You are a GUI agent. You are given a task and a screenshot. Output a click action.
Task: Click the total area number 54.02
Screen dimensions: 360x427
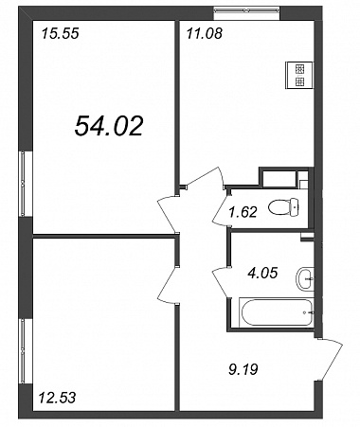(x=109, y=126)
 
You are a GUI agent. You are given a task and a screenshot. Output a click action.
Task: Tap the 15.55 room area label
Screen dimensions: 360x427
(x=60, y=33)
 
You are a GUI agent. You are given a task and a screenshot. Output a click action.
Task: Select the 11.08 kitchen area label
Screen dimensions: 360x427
(x=205, y=33)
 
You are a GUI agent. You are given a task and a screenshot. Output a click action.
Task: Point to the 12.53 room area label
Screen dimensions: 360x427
(x=57, y=397)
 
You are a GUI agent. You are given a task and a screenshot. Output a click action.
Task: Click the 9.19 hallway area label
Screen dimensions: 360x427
(x=243, y=369)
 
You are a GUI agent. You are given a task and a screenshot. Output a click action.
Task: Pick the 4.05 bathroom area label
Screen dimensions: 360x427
(x=262, y=273)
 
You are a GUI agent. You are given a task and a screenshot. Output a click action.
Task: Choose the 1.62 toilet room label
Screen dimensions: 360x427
(x=243, y=212)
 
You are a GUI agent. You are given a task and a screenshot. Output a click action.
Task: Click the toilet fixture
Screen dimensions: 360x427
(x=283, y=207)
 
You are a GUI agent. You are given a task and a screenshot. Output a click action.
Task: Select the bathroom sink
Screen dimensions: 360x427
(x=305, y=278)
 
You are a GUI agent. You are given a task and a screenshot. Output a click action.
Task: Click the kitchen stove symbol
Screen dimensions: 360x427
(x=299, y=75)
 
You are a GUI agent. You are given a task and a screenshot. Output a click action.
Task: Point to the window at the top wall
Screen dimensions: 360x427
(x=246, y=10)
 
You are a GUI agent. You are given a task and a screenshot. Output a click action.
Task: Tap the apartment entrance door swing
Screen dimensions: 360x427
(x=330, y=359)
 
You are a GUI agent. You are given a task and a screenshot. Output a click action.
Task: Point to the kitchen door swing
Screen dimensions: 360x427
(x=205, y=178)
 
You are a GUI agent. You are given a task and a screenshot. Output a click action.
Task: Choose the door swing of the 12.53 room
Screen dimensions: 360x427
(x=168, y=285)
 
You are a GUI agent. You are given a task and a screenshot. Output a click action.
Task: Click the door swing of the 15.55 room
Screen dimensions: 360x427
(x=168, y=214)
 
